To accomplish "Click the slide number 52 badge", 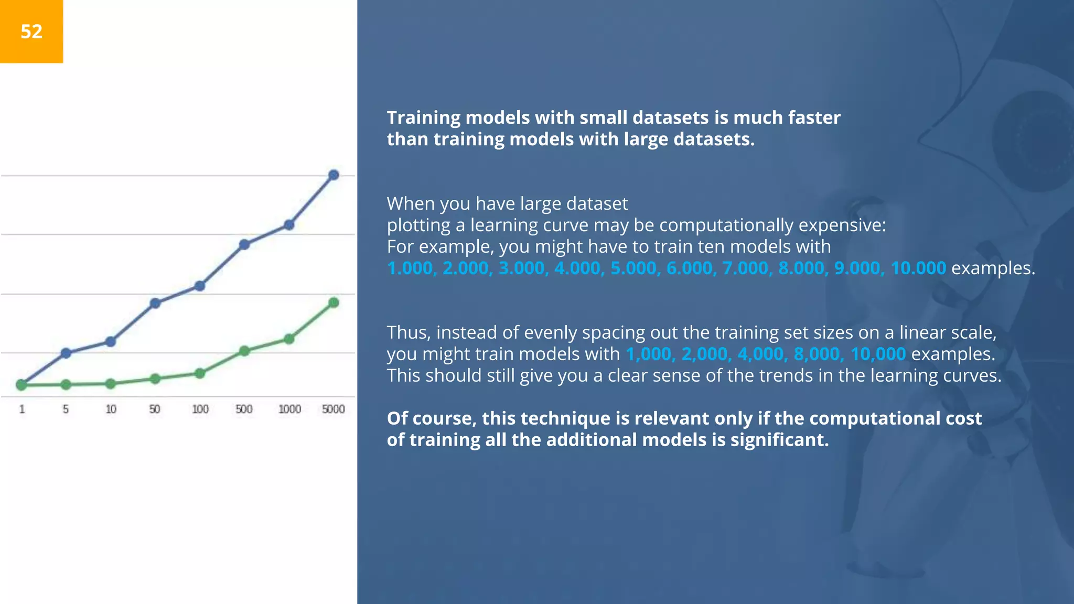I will click(x=31, y=31).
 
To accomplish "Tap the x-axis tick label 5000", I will click(x=333, y=409).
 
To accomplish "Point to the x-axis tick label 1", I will click(x=22, y=409).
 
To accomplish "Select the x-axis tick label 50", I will click(x=154, y=409).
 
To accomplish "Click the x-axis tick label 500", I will click(x=244, y=409).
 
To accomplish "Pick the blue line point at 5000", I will click(x=334, y=175).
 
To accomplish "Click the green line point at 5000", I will click(x=334, y=303).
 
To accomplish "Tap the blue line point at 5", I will click(x=66, y=353).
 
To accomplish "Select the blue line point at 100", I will click(x=200, y=286).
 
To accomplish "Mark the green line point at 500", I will click(x=244, y=351).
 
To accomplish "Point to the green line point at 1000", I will click(x=289, y=339).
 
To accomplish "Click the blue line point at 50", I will click(x=155, y=303).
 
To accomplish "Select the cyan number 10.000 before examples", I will click(x=918, y=268).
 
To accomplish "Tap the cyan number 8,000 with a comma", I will click(x=816, y=354).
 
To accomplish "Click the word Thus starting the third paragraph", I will click(x=408, y=332).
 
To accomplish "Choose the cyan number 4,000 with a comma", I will click(x=760, y=354).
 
